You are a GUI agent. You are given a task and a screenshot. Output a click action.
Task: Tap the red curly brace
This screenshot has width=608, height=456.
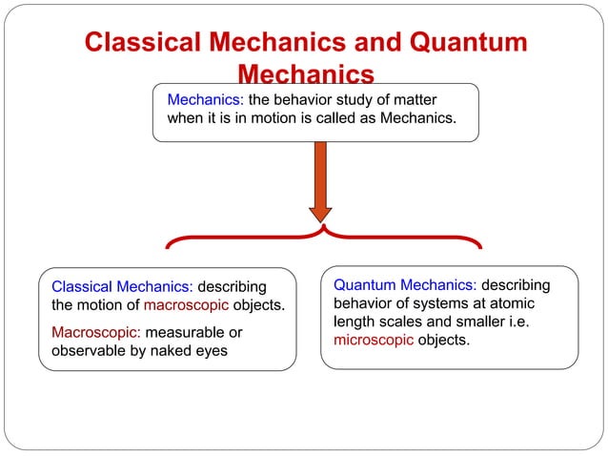(324, 237)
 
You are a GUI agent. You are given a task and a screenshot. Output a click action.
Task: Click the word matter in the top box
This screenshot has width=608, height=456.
(423, 99)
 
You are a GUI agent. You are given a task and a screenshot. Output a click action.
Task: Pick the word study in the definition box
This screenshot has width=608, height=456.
(355, 99)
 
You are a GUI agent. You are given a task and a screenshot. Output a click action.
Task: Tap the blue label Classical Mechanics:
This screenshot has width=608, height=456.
(122, 287)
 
